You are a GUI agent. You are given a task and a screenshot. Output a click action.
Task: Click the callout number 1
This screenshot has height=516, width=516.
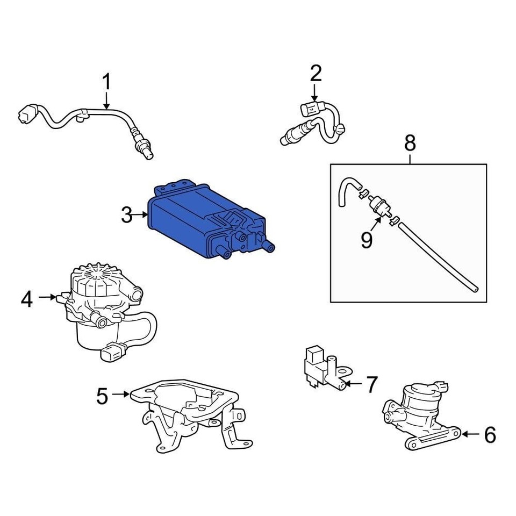[x=106, y=83]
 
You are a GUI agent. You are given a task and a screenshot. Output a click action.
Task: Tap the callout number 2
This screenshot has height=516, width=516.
[x=316, y=73]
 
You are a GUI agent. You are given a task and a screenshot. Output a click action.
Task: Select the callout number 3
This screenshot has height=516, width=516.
[x=126, y=216]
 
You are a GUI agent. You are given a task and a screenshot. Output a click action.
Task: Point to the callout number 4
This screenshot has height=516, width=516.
[x=27, y=298]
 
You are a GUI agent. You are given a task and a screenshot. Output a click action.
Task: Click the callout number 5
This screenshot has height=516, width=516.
[x=102, y=396]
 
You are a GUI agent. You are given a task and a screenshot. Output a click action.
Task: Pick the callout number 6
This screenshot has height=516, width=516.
[x=490, y=435]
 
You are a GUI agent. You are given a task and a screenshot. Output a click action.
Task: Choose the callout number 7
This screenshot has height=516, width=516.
[x=371, y=384]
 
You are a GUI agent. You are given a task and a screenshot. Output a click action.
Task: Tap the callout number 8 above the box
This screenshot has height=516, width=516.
[x=410, y=143]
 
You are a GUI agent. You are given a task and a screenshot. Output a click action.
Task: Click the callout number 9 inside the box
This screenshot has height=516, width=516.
[x=367, y=240]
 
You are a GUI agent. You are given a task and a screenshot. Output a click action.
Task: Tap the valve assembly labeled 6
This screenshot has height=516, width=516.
[x=419, y=414]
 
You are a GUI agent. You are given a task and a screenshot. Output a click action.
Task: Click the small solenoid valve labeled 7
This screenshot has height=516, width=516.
[x=320, y=368]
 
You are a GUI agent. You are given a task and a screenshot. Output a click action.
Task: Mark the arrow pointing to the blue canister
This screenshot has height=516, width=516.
[x=142, y=215]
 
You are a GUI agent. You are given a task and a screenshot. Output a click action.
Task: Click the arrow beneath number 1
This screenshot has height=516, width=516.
[x=106, y=101]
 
